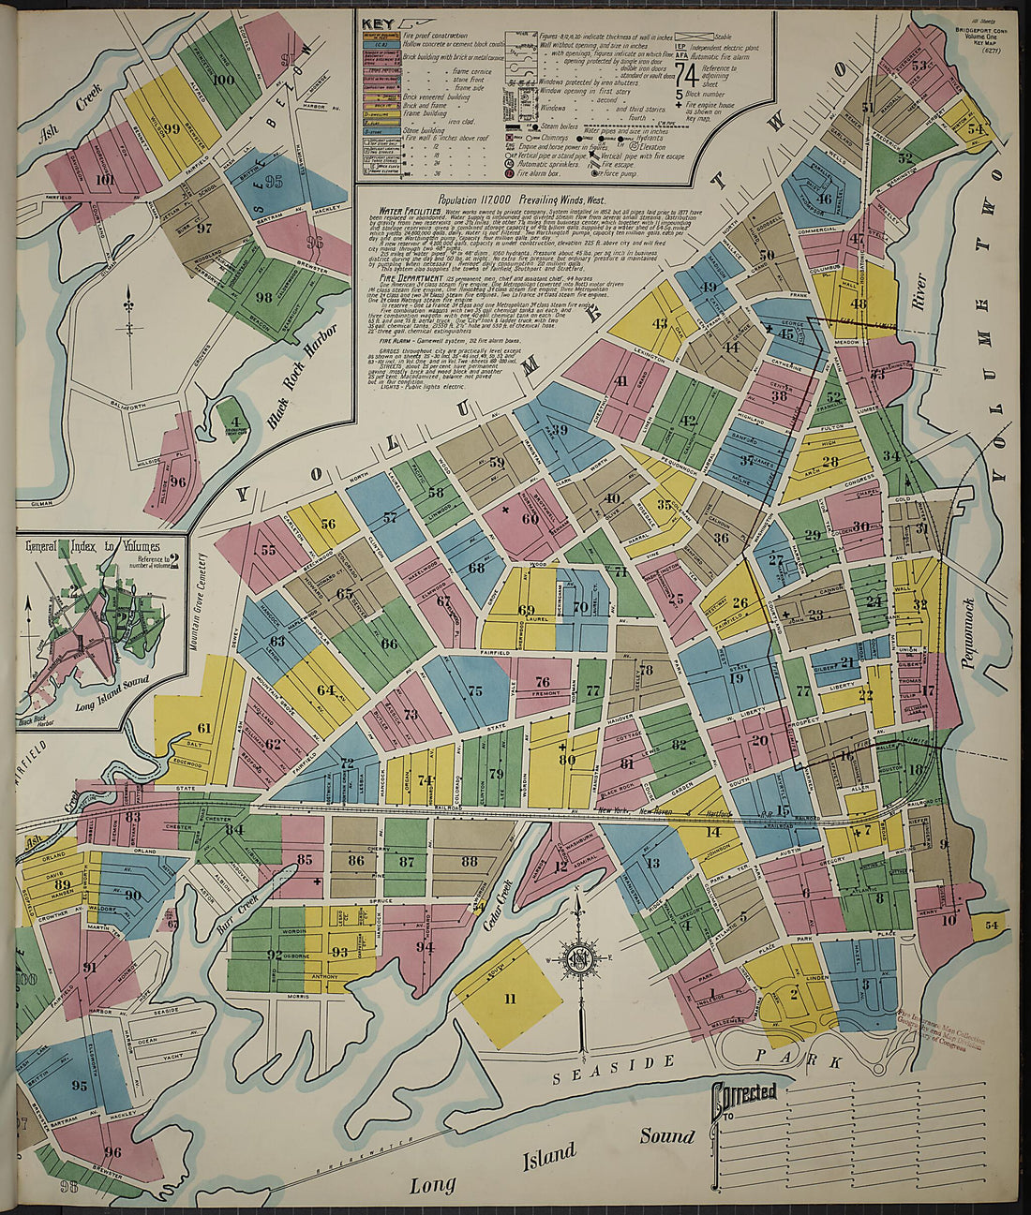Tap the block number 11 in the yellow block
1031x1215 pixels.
click(509, 999)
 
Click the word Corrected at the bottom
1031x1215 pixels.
click(745, 1093)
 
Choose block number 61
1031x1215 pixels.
click(203, 728)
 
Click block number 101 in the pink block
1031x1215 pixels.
click(105, 180)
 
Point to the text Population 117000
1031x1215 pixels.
click(496, 200)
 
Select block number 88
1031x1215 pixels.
click(469, 861)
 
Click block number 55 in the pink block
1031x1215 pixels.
click(269, 550)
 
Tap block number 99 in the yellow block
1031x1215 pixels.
click(171, 130)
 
